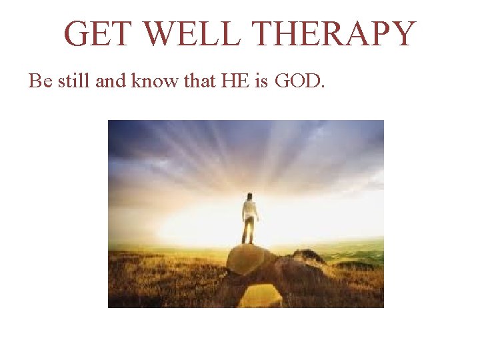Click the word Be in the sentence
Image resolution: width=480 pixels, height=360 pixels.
tap(39, 81)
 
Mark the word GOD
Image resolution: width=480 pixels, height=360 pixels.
tap(296, 81)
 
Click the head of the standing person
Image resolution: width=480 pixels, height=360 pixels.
tap(249, 196)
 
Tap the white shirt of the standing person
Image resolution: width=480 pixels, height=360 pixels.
tap(249, 211)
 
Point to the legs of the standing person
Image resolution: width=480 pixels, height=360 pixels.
tap(249, 232)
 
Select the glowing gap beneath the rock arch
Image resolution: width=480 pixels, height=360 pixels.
tap(259, 295)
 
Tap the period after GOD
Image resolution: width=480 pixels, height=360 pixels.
tap(323, 87)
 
